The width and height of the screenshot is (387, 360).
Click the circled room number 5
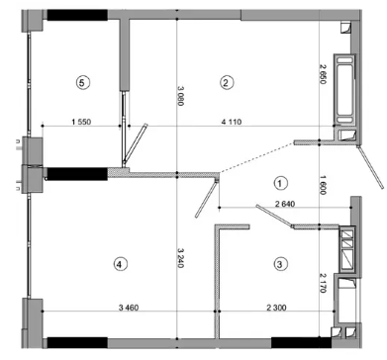82,82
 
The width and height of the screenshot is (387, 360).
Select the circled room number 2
226,82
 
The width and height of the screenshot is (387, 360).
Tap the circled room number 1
280,183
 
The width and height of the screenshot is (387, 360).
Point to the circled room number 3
280,264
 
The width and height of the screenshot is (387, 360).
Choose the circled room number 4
120,264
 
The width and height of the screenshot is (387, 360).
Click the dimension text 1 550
81,122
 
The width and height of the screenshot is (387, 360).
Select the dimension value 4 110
232,122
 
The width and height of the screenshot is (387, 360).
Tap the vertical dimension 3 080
180,96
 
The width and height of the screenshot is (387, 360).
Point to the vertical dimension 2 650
323,74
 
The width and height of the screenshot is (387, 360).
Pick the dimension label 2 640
285,204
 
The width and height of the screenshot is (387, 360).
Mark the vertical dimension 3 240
180,258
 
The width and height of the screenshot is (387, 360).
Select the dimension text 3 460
129,308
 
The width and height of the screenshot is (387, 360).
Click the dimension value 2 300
276,308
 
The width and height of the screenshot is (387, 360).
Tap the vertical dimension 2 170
323,283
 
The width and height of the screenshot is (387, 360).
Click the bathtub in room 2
344,90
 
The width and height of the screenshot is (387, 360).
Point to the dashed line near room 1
256,157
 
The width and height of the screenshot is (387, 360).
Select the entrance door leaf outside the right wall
371,167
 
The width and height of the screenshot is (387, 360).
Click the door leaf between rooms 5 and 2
136,145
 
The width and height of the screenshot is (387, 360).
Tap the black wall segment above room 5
77,15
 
